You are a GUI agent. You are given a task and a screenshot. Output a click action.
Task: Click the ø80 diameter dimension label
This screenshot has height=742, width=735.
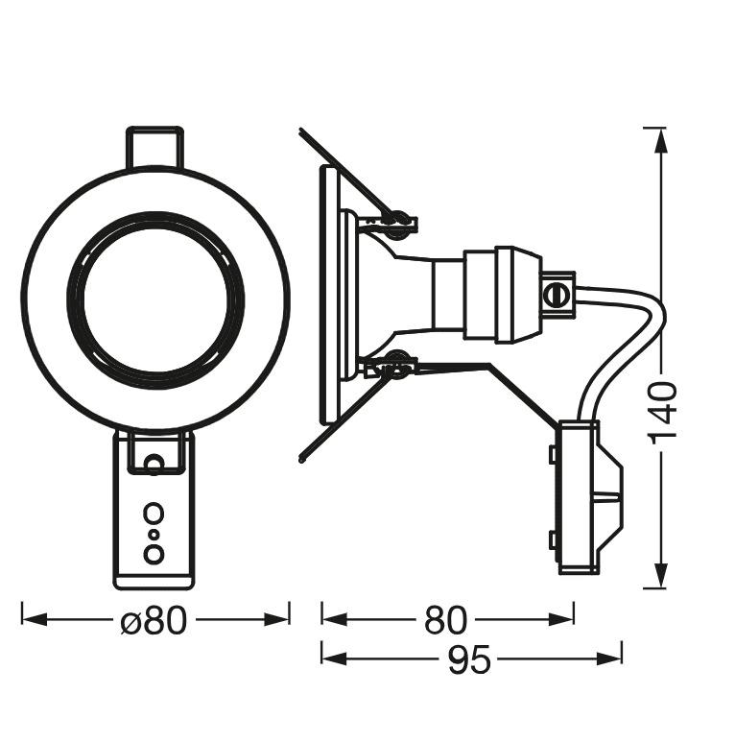pos(154,621)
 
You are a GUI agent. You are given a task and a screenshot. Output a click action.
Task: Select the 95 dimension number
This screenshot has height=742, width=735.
pos(469,659)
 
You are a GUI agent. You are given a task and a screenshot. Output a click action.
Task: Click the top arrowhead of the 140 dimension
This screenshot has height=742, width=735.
pos(659,137)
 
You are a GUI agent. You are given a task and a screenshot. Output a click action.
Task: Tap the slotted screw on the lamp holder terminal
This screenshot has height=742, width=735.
pos(555,294)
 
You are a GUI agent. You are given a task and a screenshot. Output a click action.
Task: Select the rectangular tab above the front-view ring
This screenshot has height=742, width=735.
pos(154,148)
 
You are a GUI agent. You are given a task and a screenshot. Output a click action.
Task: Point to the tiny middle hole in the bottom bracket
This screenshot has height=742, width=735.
pos(154,533)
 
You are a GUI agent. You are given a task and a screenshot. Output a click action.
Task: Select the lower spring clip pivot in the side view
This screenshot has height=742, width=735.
pos(396,364)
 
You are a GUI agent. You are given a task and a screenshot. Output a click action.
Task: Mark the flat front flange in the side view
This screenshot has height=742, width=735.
pos(330,296)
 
